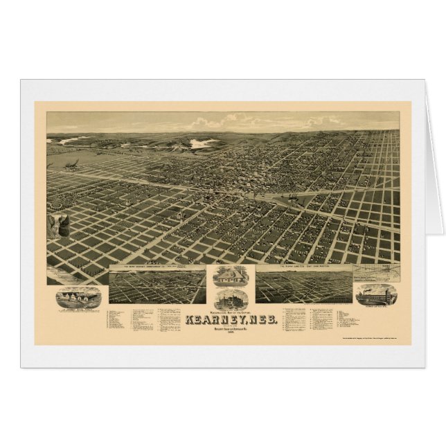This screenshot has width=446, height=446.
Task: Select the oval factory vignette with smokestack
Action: (x=376, y=293)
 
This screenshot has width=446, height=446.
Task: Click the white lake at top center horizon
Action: (x=201, y=143)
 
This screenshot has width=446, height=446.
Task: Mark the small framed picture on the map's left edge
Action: (x=55, y=226)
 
